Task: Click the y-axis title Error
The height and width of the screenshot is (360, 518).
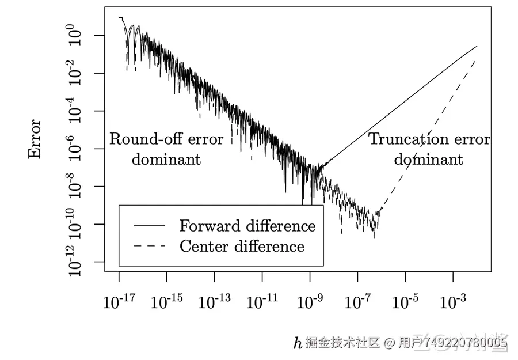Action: coord(35,139)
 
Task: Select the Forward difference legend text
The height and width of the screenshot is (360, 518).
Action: coord(247,225)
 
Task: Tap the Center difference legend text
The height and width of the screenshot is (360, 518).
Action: coord(242,247)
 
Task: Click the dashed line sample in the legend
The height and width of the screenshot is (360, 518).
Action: coord(149,247)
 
